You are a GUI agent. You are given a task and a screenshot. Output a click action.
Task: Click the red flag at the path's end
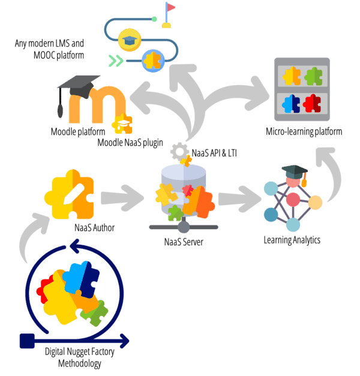(171, 7)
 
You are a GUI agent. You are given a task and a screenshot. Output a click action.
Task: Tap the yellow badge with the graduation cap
(129, 40)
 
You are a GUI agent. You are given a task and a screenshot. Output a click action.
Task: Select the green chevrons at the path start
(116, 60)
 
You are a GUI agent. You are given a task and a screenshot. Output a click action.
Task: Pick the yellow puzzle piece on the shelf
(292, 76)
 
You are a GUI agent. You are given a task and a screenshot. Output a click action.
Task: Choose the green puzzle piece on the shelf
(313, 76)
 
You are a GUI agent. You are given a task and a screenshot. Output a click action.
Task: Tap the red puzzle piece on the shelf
(312, 104)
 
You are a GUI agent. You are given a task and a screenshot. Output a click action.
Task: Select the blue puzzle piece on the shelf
(291, 104)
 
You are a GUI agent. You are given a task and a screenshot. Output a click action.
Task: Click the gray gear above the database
(179, 150)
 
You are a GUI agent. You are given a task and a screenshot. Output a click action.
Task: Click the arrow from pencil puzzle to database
(122, 198)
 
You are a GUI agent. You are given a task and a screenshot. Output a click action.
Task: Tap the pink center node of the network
(293, 200)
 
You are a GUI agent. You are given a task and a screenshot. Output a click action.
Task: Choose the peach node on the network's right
(315, 203)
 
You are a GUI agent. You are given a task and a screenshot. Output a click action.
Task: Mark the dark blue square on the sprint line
(26, 341)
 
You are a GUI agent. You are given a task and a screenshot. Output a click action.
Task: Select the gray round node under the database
(184, 227)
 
